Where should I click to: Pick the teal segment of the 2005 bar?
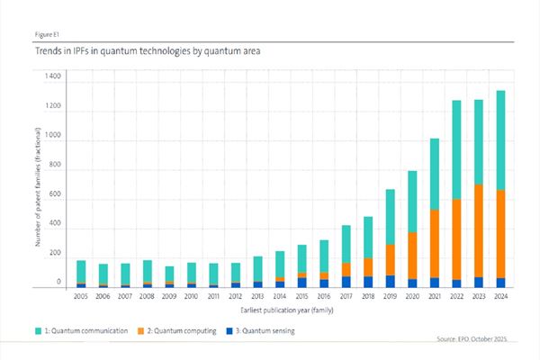click(81, 272)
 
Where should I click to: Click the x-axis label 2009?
click(168, 296)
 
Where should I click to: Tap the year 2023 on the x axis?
click(477, 296)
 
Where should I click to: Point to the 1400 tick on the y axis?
click(51, 77)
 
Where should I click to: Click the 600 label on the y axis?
click(54, 195)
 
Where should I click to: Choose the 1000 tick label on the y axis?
click(51, 136)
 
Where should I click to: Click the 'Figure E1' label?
click(49, 34)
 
